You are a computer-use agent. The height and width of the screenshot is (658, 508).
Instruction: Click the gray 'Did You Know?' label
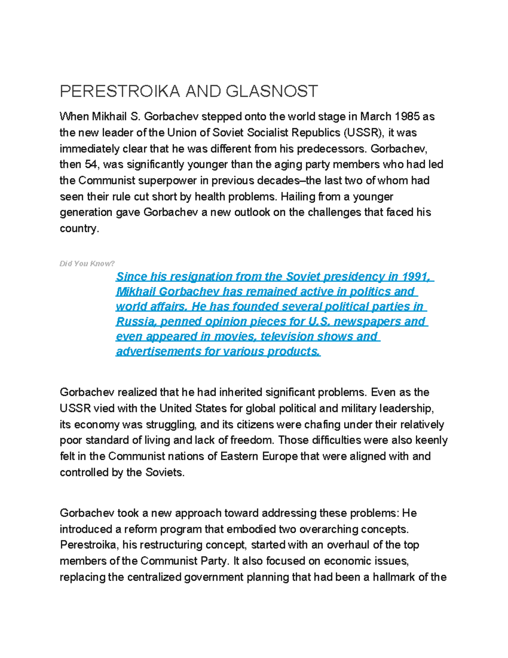click(x=87, y=264)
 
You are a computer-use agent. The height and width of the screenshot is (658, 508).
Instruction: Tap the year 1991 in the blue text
click(x=417, y=277)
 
